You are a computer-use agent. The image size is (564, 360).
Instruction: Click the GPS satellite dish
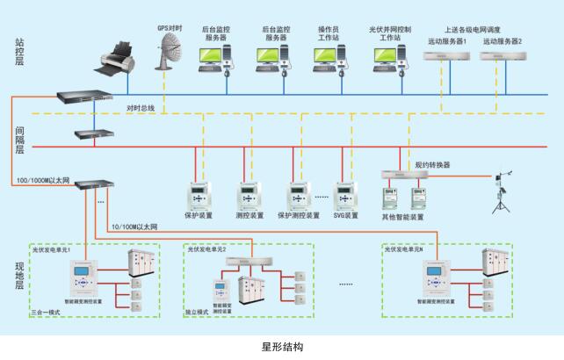pyautogui.click(x=168, y=58)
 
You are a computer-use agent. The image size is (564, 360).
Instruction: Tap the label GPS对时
pyautogui.click(x=170, y=27)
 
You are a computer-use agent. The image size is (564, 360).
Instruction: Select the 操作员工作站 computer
pyautogui.click(x=330, y=58)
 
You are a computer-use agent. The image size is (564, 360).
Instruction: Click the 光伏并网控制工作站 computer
pyautogui.click(x=389, y=58)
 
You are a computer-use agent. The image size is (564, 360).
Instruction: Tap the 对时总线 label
pyautogui.click(x=141, y=108)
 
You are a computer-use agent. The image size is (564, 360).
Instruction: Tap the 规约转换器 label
pyautogui.click(x=432, y=162)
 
